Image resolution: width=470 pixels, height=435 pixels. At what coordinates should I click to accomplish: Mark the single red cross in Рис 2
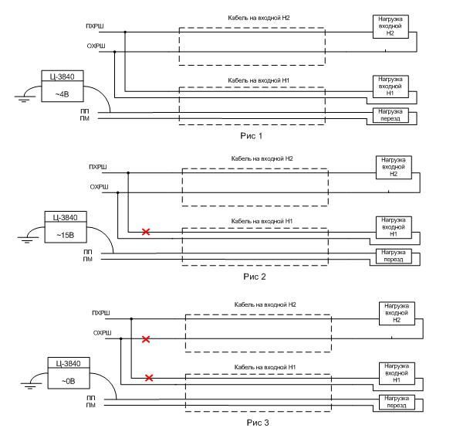[x=146, y=231]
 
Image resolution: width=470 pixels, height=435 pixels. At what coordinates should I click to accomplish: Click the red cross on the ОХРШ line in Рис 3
[x=146, y=338]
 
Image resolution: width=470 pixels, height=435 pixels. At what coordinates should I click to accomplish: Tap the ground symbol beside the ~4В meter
[x=22, y=98]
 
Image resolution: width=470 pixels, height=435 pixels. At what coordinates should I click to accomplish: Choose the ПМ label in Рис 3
[x=90, y=405]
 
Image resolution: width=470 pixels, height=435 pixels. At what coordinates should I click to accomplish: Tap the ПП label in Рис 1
[x=83, y=111]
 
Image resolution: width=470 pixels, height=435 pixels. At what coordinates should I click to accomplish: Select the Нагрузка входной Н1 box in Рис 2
[x=393, y=228]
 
